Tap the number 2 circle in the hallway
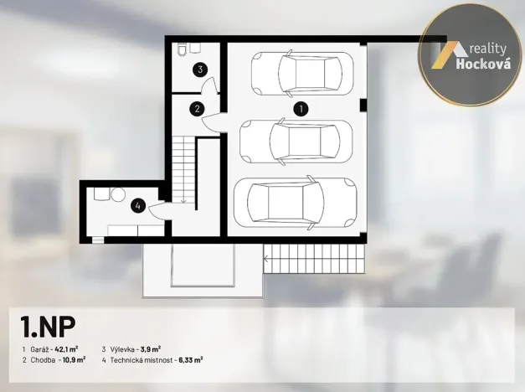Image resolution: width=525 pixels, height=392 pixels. pos(197,108)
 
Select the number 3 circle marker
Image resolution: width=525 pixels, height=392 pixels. pos(200,70)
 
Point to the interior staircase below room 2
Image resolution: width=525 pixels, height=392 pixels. pos(183,168)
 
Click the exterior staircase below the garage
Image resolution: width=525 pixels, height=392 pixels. pos(315,259)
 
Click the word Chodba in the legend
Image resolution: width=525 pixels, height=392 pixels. pos(43,360)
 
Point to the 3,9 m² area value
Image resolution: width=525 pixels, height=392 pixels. pos(150,348)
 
